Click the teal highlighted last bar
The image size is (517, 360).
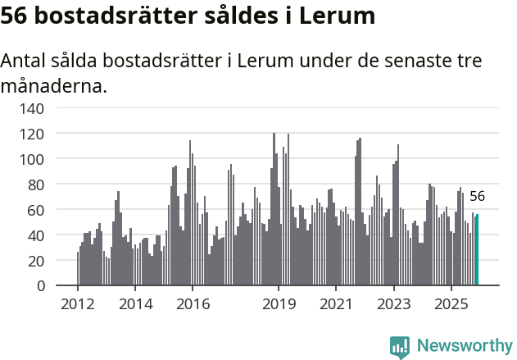(x=478, y=250)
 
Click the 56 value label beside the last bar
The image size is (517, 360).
(x=477, y=197)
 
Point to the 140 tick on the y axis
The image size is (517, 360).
(x=33, y=107)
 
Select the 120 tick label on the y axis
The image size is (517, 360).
(x=33, y=133)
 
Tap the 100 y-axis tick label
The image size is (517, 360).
(x=33, y=158)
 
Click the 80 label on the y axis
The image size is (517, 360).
(x=37, y=184)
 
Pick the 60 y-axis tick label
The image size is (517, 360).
(x=37, y=209)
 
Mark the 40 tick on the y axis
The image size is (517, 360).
(x=37, y=235)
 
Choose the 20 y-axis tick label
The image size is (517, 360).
(x=37, y=260)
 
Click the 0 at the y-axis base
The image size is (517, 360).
(x=40, y=285)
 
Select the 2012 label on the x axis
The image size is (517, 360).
(x=78, y=304)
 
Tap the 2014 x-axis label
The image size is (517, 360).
(x=135, y=304)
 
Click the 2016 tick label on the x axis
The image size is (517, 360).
(x=193, y=304)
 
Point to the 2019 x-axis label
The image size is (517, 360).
(x=279, y=304)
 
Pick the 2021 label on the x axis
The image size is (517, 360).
(x=336, y=304)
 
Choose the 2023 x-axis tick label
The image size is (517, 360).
(x=393, y=304)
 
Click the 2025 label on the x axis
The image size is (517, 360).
(x=451, y=304)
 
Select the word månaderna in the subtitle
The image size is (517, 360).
(x=53, y=85)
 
